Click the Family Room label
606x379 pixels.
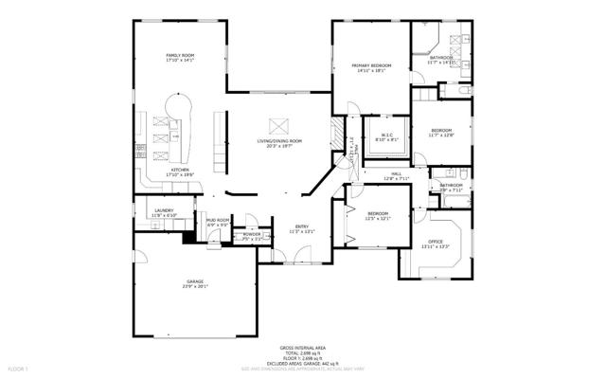point(180,57)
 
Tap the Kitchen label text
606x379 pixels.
point(180,170)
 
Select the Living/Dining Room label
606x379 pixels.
point(278,141)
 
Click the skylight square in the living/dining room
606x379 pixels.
point(279,122)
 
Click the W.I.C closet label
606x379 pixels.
point(387,135)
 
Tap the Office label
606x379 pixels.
point(436,242)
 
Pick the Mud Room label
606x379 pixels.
point(218,220)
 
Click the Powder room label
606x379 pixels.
point(251,234)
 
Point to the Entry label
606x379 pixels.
point(301,226)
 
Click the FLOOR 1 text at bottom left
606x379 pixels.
point(19,367)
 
